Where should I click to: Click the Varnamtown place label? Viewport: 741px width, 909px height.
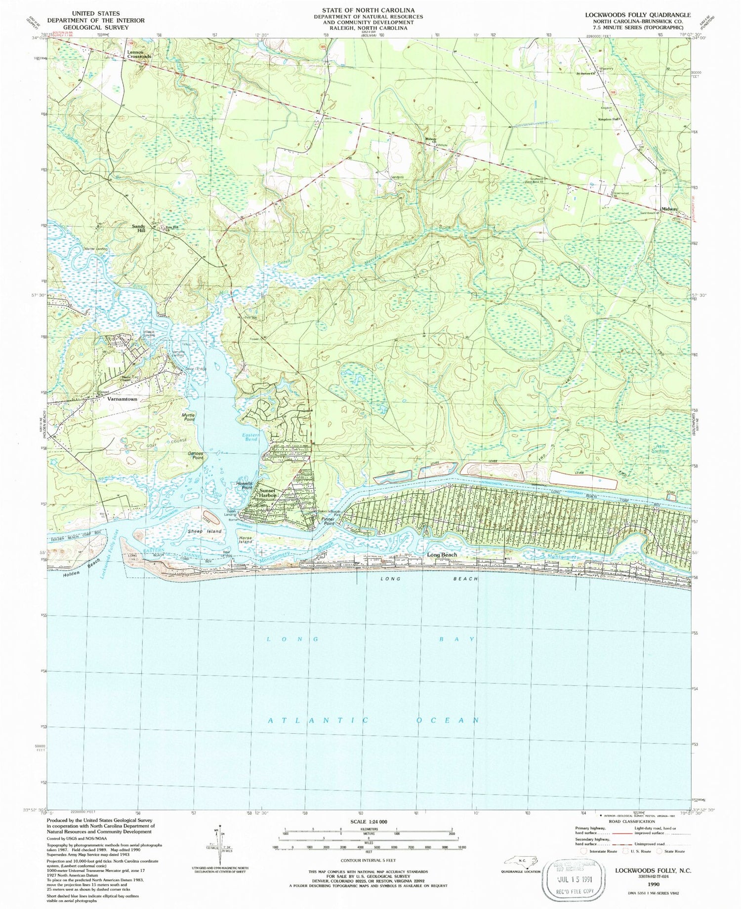123,398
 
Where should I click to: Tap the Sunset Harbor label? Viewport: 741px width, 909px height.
268,493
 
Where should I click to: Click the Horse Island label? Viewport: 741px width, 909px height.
246,540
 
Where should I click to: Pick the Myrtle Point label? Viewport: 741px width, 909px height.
189,417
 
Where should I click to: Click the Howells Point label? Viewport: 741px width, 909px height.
245,485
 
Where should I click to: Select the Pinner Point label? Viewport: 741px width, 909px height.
329,521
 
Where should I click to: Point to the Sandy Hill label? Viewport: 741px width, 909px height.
138,228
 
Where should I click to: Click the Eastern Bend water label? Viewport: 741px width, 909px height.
250,437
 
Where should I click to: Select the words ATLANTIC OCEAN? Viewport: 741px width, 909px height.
373,720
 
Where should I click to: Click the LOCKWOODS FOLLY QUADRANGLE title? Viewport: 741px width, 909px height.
638,15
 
